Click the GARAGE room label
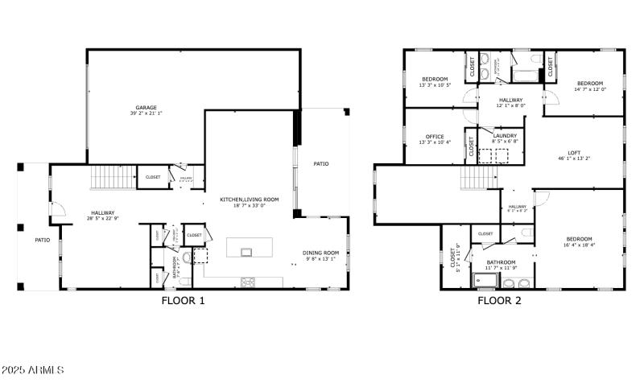tap(146, 107)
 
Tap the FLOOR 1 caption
tap(184, 301)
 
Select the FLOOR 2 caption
tap(499, 301)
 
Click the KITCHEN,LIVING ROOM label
tap(250, 200)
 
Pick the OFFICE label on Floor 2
tap(435, 136)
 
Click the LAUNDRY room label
tap(505, 136)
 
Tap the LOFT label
tap(574, 152)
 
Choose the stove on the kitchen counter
tap(248, 282)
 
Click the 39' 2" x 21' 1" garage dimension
tap(146, 113)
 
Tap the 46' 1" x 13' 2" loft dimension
tap(574, 159)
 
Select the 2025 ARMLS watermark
tap(33, 370)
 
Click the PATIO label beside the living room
tap(321, 163)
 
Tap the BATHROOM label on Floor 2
tap(501, 261)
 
